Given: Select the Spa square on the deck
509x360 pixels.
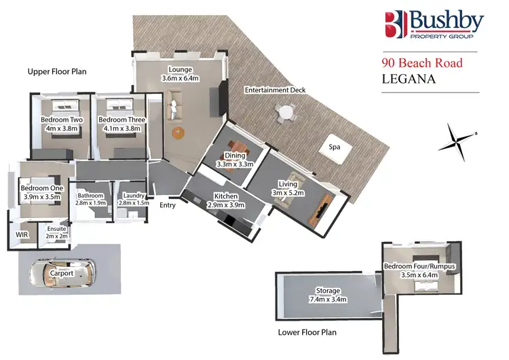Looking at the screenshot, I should (334, 147).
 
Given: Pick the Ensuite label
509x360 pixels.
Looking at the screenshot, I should (57, 233).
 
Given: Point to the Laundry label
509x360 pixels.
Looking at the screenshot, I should (133, 198).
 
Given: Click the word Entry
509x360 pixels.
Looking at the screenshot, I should (168, 205).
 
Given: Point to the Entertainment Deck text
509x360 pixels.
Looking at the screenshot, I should (275, 90).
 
